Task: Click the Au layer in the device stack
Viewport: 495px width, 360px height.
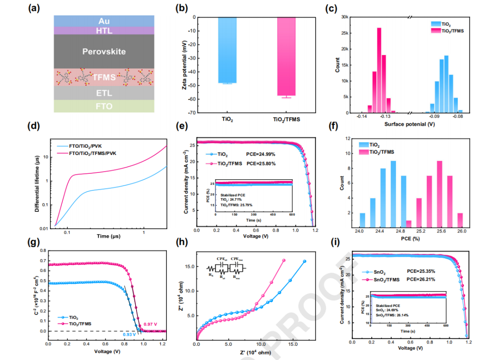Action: tap(104, 21)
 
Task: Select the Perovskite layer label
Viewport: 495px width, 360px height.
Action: tap(104, 51)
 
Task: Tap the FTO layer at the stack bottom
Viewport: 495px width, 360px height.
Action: tap(104, 106)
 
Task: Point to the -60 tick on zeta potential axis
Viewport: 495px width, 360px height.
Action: tap(188, 99)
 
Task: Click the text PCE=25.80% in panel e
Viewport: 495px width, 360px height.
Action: tap(263, 163)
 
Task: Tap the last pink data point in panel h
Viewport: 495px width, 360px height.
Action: tap(284, 260)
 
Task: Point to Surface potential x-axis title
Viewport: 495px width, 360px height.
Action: tap(409, 124)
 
